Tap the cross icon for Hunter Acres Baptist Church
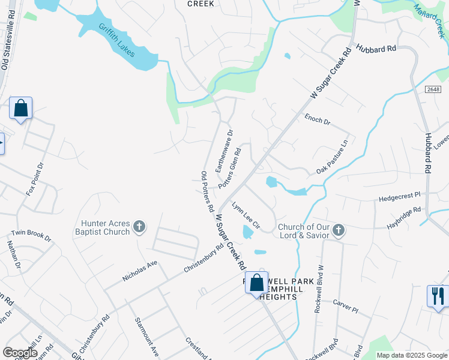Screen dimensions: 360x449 point(139,227)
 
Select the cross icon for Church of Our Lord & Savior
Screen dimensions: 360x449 point(339,230)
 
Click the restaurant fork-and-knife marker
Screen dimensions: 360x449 point(437,295)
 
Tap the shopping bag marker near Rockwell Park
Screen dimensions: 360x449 point(256,283)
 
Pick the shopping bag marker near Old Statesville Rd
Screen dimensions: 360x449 point(20,109)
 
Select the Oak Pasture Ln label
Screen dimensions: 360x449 point(333,157)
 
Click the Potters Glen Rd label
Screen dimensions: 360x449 point(230,170)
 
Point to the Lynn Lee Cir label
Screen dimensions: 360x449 point(246,217)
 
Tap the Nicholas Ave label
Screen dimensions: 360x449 point(140,271)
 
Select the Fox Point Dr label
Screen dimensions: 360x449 point(35,179)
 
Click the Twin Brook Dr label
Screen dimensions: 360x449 point(31,236)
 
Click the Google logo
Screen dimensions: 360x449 point(20,353)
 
